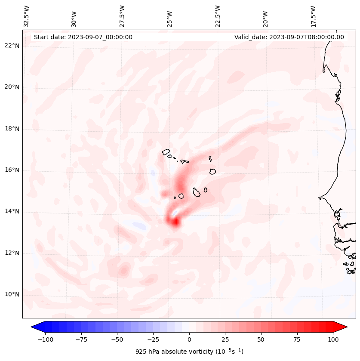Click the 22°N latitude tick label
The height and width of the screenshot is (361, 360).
pyautogui.click(x=12, y=46)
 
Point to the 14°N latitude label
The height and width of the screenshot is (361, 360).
pyautogui.click(x=12, y=212)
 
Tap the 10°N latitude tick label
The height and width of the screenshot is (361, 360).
pyautogui.click(x=12, y=295)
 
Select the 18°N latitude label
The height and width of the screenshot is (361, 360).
pyautogui.click(x=12, y=129)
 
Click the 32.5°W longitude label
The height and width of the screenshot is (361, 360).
pyautogui.click(x=27, y=16)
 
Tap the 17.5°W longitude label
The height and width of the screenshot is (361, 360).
pyautogui.click(x=313, y=16)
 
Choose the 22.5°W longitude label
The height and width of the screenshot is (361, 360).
pyautogui.click(x=218, y=16)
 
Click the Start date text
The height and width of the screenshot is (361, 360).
pyautogui.click(x=83, y=37)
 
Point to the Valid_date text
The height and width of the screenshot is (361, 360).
pyautogui.click(x=289, y=37)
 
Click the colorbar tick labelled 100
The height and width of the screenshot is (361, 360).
pyautogui.click(x=333, y=339)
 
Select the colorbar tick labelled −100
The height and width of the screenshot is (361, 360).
pyautogui.click(x=45, y=339)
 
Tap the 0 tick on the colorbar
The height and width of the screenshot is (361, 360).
pyautogui.click(x=189, y=339)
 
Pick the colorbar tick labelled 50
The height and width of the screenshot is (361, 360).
pyautogui.click(x=261, y=339)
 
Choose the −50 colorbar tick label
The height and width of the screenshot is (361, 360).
pyautogui.click(x=117, y=339)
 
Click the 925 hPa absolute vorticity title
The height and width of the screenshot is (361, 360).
pyautogui.click(x=189, y=352)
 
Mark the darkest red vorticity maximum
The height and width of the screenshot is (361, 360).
pyautogui.click(x=175, y=222)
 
